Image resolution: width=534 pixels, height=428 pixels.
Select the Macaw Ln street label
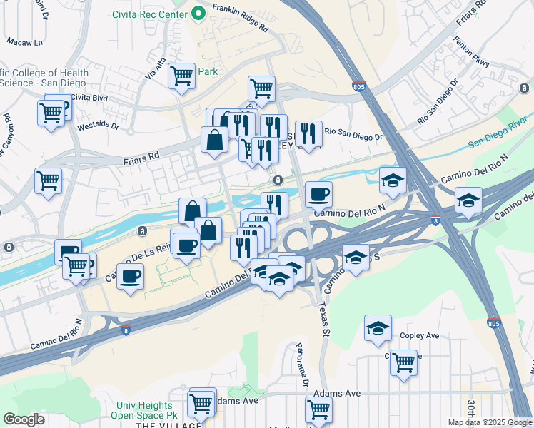(25, 42)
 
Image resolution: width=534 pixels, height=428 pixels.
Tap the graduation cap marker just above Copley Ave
(378, 328)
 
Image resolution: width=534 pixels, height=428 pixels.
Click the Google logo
(24, 419)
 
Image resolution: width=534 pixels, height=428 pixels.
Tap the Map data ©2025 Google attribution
(489, 422)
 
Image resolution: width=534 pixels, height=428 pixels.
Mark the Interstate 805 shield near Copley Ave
(493, 323)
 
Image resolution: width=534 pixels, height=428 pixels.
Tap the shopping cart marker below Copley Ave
(403, 362)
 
